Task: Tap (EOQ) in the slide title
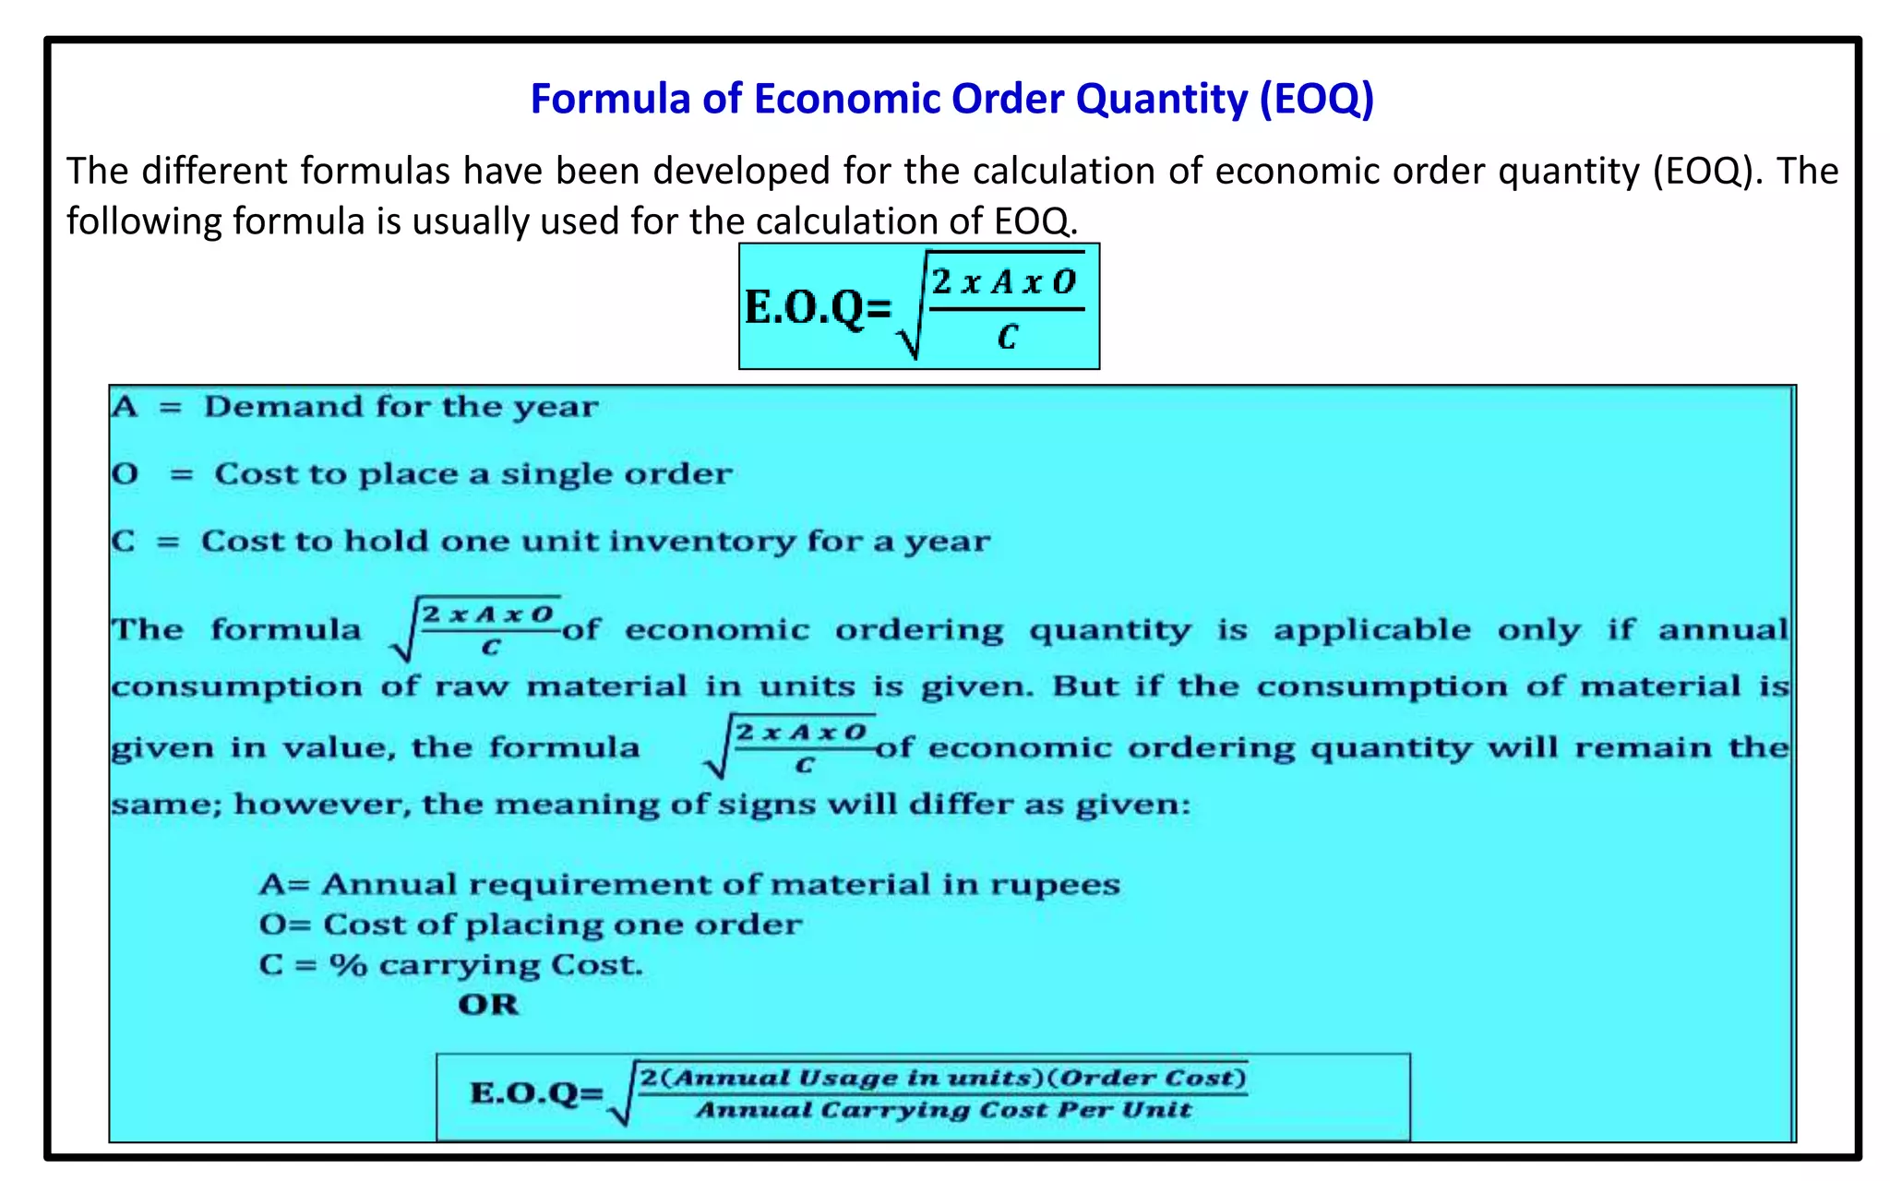(1317, 99)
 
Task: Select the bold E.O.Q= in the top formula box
(818, 307)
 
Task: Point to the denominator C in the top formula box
(1007, 338)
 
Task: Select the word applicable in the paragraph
(1371, 630)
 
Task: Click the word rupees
(1055, 885)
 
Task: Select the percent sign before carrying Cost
(348, 965)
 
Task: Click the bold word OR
(488, 1004)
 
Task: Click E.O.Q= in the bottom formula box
(536, 1093)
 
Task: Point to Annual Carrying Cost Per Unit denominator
(943, 1110)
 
